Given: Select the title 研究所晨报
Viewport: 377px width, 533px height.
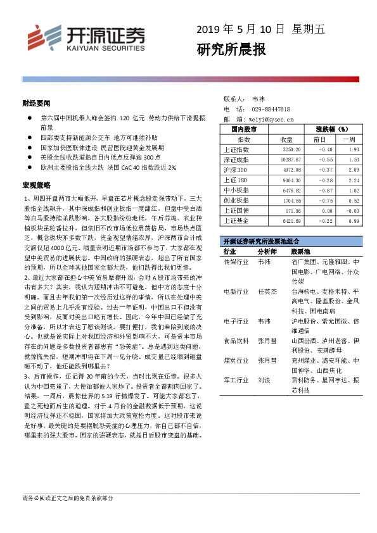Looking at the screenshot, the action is (x=231, y=50).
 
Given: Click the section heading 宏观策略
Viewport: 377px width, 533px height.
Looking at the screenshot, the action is (x=35, y=185).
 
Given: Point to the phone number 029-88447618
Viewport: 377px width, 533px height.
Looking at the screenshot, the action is (x=271, y=109).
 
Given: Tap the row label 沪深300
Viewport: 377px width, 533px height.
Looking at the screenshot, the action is (x=236, y=170).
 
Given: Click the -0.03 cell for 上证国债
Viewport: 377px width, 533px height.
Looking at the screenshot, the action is (x=352, y=210).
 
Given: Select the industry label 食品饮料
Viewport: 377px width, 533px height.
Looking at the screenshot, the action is (x=236, y=340).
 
